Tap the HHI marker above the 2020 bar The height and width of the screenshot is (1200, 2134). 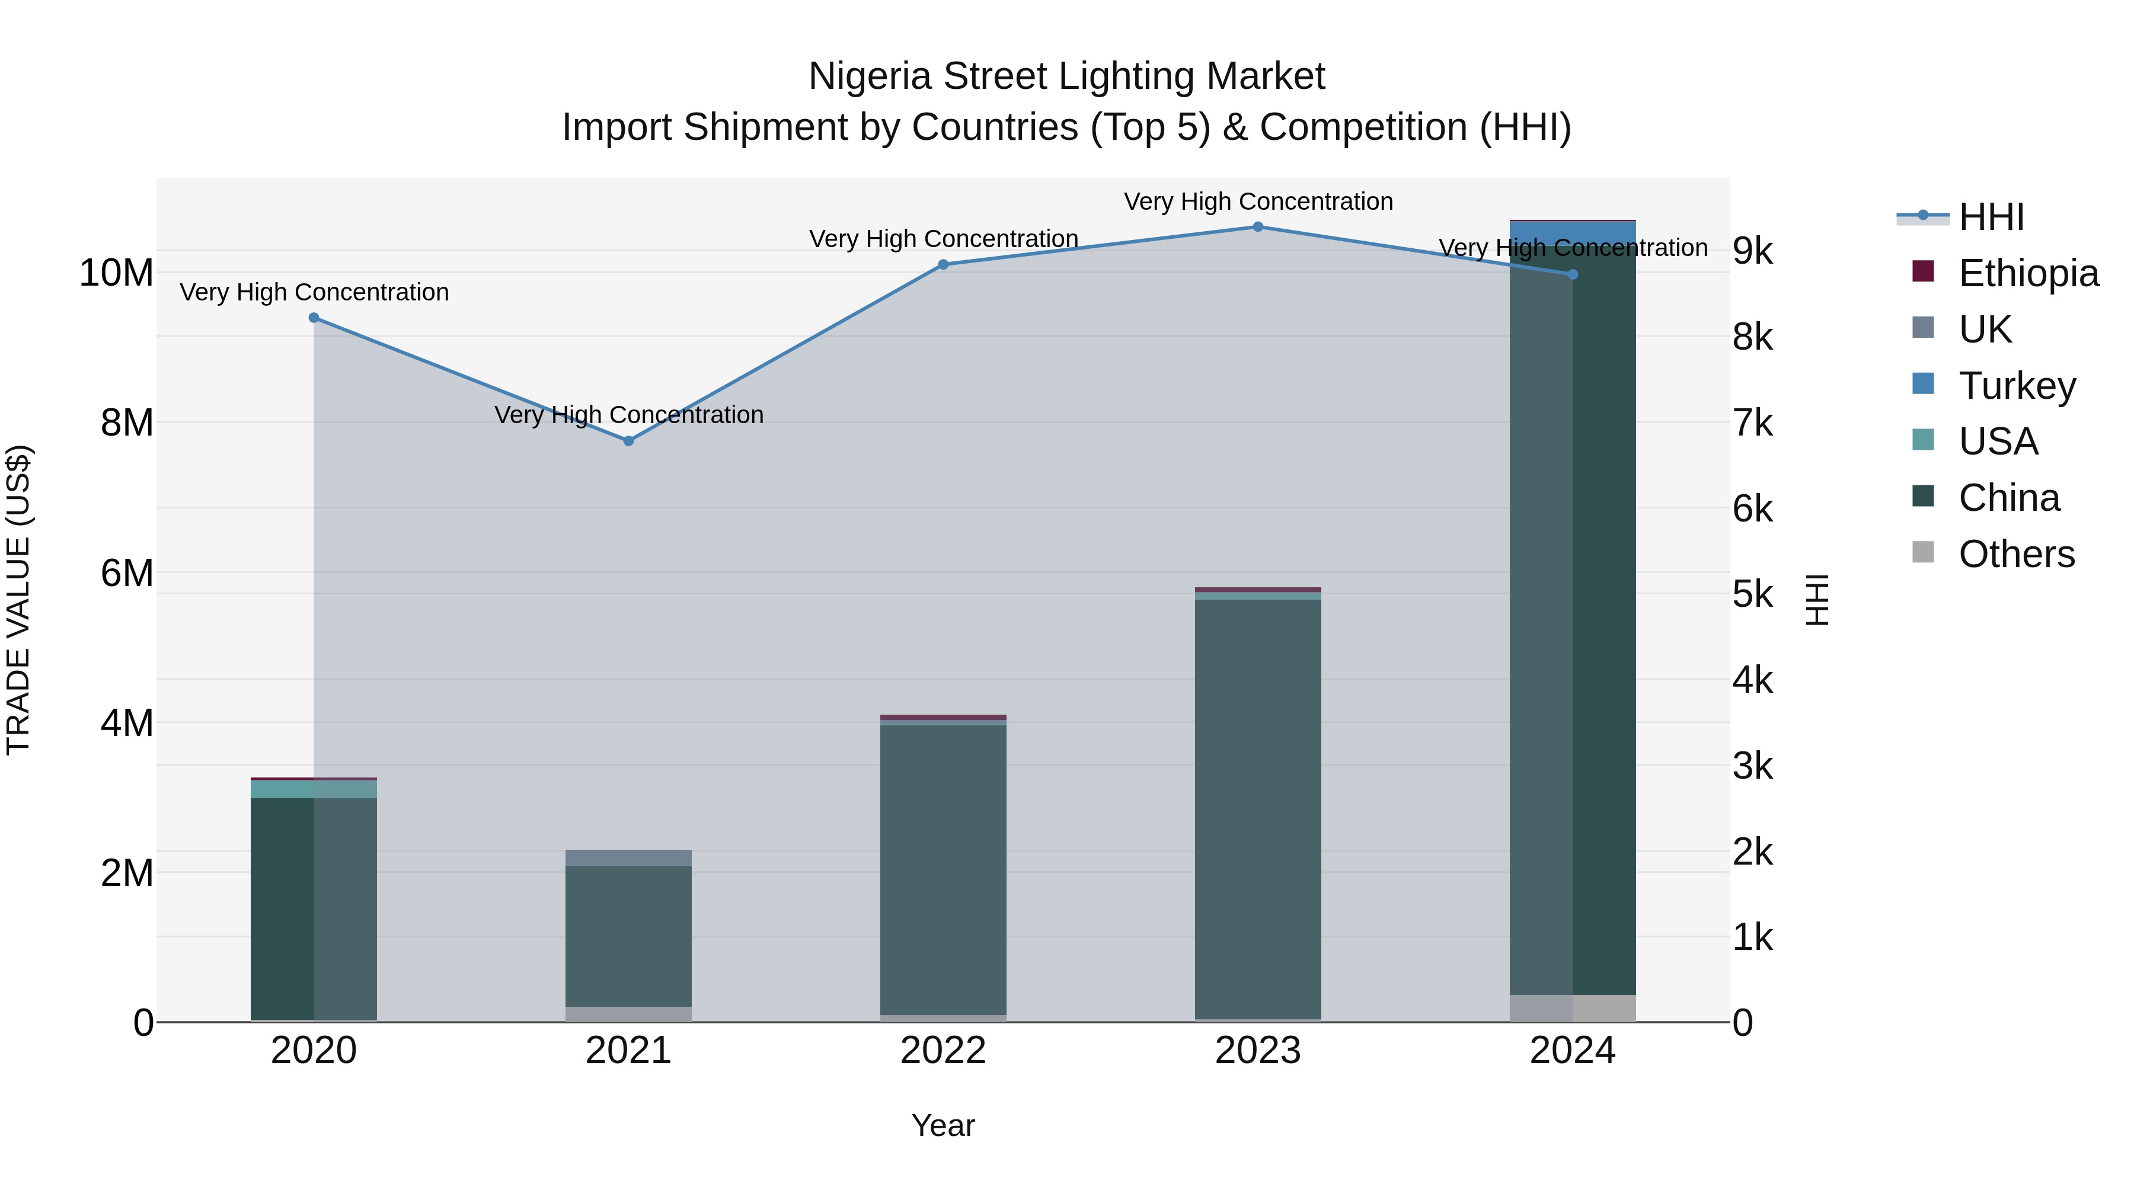[x=314, y=318]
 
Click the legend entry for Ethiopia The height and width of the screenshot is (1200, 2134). [x=2028, y=273]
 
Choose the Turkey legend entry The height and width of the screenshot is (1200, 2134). [x=2017, y=386]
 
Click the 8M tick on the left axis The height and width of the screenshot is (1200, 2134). [x=127, y=423]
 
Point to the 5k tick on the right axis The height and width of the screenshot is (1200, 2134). [x=1753, y=594]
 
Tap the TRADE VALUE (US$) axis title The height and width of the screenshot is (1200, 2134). [x=18, y=600]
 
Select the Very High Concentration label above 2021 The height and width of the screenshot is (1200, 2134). [x=629, y=414]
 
